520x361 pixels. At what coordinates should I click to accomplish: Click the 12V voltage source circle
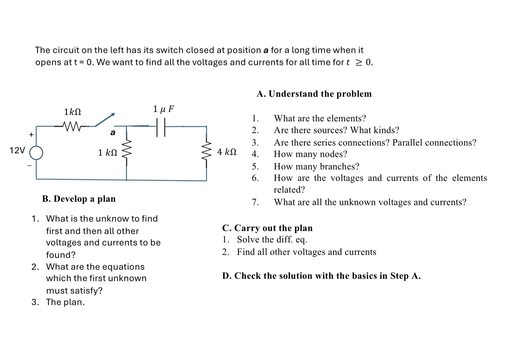point(36,152)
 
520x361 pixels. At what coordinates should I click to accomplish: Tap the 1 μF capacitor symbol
point(161,127)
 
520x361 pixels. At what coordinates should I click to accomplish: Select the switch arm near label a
point(105,120)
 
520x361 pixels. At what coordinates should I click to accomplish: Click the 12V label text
point(17,150)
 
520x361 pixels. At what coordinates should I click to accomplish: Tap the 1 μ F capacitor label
point(163,109)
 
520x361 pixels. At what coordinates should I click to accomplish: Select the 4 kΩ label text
point(227,152)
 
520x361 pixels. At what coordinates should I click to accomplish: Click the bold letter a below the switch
point(113,133)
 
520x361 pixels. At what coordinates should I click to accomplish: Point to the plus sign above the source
point(31,135)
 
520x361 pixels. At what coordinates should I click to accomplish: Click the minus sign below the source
point(30,165)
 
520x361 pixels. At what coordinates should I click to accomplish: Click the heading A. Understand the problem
point(314,94)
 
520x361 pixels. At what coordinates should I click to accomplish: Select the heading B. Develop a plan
point(79,199)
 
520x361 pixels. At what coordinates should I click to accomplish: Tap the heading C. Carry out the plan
point(267,228)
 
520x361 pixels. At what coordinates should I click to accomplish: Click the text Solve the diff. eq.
point(272,240)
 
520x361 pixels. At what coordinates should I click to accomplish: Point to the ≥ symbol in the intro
point(360,63)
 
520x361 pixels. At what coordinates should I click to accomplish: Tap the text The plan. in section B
point(65,302)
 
